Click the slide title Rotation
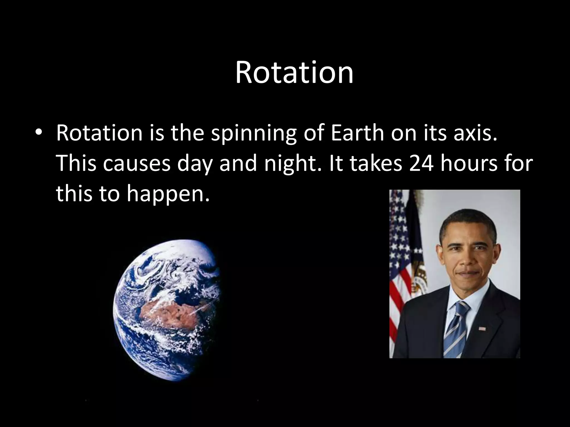(294, 73)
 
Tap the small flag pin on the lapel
(482, 329)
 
